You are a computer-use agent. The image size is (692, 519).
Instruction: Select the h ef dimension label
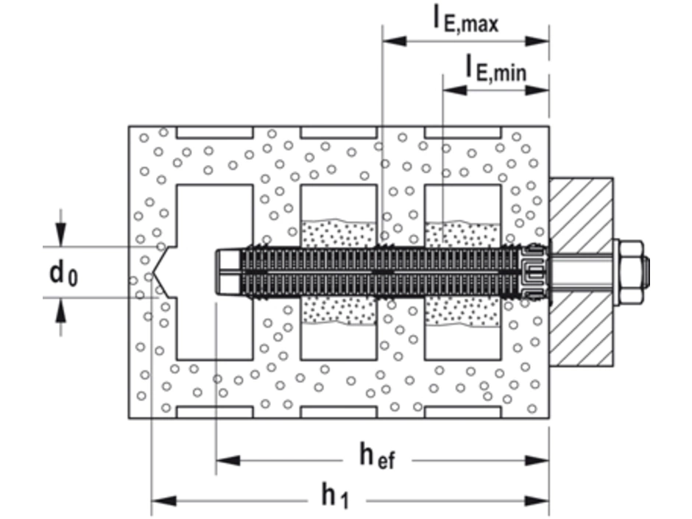376,457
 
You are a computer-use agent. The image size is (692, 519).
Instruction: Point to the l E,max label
465,20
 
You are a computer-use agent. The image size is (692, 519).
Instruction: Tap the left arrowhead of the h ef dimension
228,461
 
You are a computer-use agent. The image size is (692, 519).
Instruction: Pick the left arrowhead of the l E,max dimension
395,41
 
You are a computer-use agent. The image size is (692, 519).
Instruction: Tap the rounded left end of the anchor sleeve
219,272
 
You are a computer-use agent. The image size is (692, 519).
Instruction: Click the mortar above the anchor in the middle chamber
339,233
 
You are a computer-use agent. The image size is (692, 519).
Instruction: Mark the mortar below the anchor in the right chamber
464,311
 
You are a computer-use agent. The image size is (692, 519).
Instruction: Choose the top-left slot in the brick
214,133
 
